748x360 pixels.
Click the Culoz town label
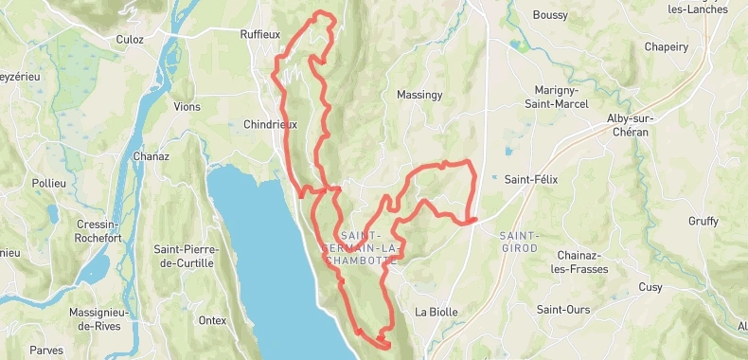pos(129,40)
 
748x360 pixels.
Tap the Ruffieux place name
pos(261,33)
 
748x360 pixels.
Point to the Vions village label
pos(187,107)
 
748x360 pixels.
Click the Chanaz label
pos(151,156)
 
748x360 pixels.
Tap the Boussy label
pos(550,15)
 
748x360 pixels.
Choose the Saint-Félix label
pos(531,179)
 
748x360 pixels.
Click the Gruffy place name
pos(703,222)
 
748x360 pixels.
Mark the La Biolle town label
pos(436,312)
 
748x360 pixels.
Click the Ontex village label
pos(212,320)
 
